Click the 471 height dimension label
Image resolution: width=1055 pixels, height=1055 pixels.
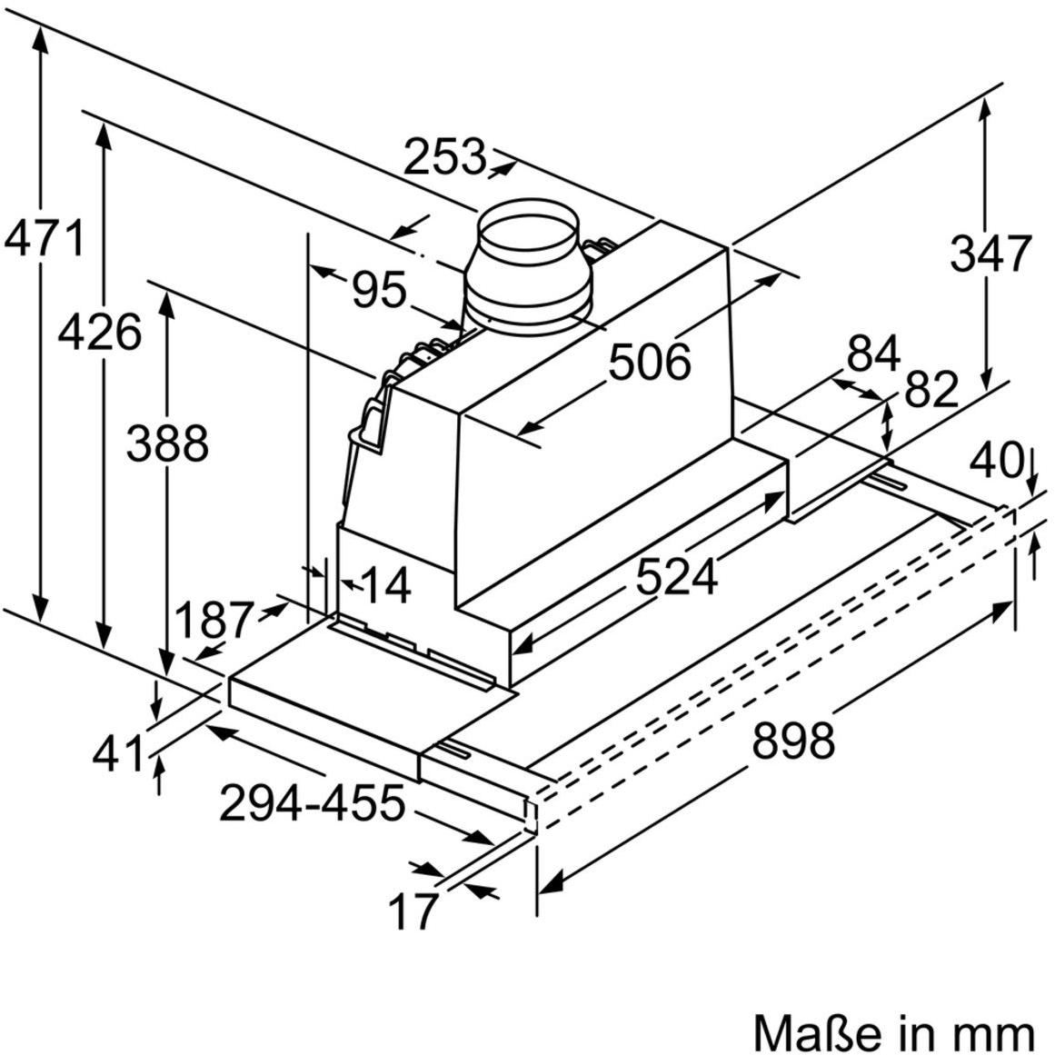pyautogui.click(x=44, y=239)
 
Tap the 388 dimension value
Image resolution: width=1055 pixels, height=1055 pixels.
pyautogui.click(x=167, y=444)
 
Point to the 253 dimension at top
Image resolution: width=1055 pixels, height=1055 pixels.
pyautogui.click(x=444, y=157)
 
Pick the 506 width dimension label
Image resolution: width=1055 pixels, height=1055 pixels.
pyautogui.click(x=649, y=362)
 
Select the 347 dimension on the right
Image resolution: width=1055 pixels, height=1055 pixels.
pyautogui.click(x=990, y=253)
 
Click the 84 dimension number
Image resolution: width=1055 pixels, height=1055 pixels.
pyautogui.click(x=872, y=353)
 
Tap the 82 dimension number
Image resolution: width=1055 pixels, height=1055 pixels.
pyautogui.click(x=931, y=391)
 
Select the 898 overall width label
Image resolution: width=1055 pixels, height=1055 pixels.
pyautogui.click(x=792, y=740)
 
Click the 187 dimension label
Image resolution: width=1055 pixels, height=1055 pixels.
pyautogui.click(x=213, y=622)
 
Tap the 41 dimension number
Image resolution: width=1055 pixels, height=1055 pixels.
pyautogui.click(x=119, y=753)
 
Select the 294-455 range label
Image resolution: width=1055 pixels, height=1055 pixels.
pyautogui.click(x=312, y=802)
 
